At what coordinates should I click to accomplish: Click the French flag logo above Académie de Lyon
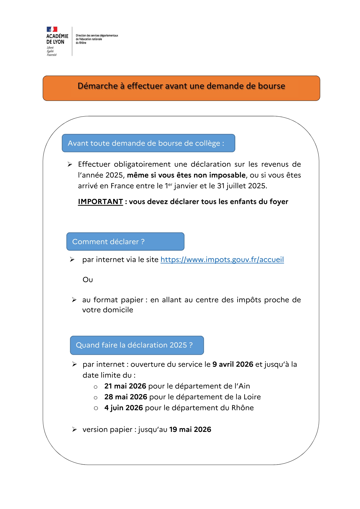pyautogui.click(x=52, y=29)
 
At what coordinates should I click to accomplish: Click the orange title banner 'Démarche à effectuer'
pyautogui.click(x=181, y=88)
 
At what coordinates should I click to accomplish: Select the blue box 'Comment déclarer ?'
pyautogui.click(x=125, y=241)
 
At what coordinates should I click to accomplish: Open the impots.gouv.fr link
pyautogui.click(x=222, y=260)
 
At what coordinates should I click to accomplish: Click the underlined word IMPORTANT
pyautogui.click(x=100, y=202)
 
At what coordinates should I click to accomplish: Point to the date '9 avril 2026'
pyautogui.click(x=233, y=364)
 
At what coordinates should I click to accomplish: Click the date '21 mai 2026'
pyautogui.click(x=125, y=386)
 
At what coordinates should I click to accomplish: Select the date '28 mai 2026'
pyautogui.click(x=126, y=397)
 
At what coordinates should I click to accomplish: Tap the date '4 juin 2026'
pyautogui.click(x=124, y=408)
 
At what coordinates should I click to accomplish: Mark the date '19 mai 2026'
pyautogui.click(x=190, y=430)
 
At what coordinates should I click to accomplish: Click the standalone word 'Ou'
pyautogui.click(x=88, y=280)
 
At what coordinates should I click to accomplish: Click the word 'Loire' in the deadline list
pyautogui.click(x=252, y=397)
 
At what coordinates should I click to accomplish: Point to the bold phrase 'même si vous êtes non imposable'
pyautogui.click(x=186, y=175)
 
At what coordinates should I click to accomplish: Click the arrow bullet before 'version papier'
pyautogui.click(x=75, y=430)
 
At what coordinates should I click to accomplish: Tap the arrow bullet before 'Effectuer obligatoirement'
pyautogui.click(x=70, y=164)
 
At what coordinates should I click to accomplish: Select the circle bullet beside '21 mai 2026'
pyautogui.click(x=96, y=387)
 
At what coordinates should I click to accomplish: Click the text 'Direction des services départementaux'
pyautogui.click(x=97, y=35)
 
